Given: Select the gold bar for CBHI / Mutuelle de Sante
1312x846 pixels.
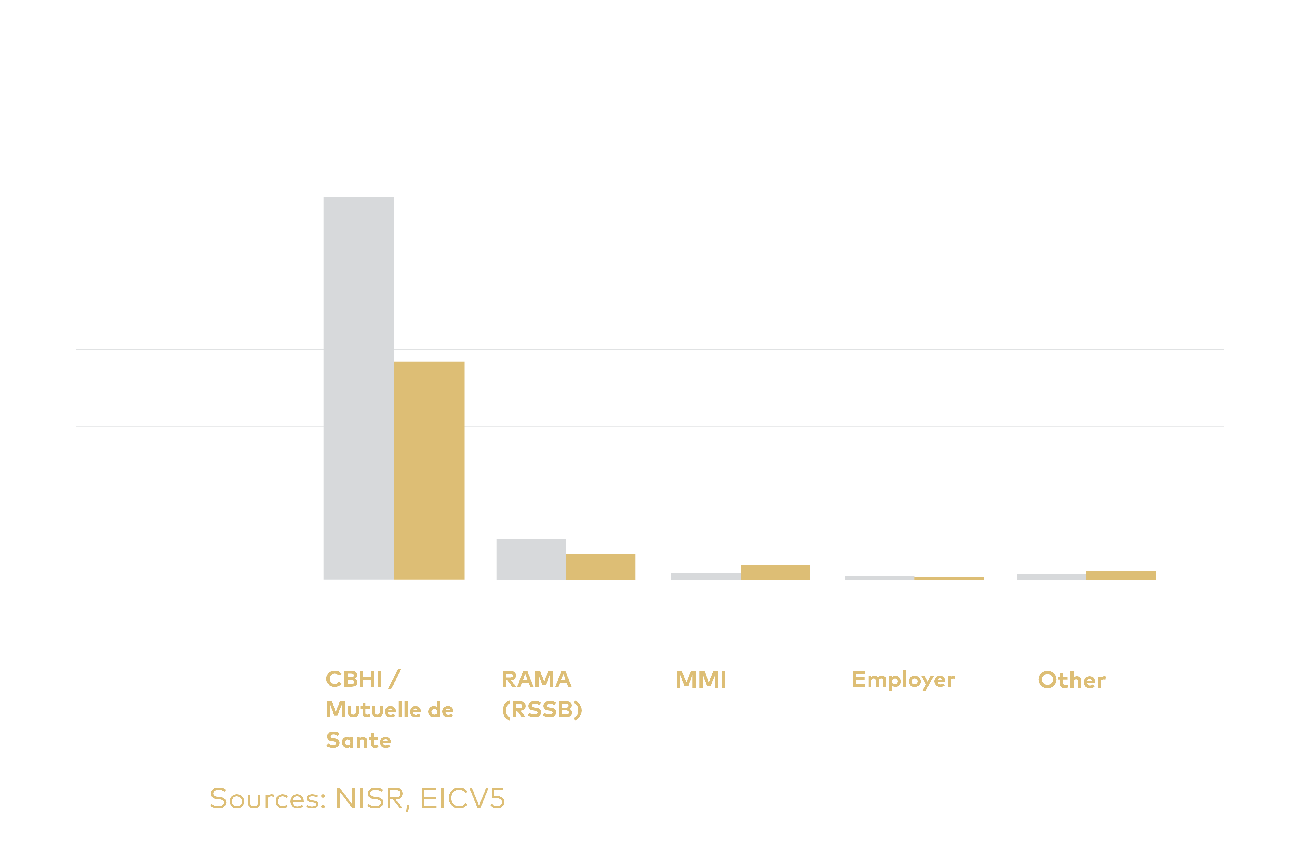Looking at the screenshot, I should pyautogui.click(x=429, y=470).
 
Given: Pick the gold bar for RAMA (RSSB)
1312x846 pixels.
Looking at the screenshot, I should pyautogui.click(x=600, y=567).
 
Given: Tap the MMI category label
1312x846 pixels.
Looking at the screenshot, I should pyautogui.click(x=701, y=680).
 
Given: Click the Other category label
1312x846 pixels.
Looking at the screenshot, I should pyautogui.click(x=1071, y=680).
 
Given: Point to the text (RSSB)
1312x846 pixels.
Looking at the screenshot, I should pyautogui.click(x=542, y=710).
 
